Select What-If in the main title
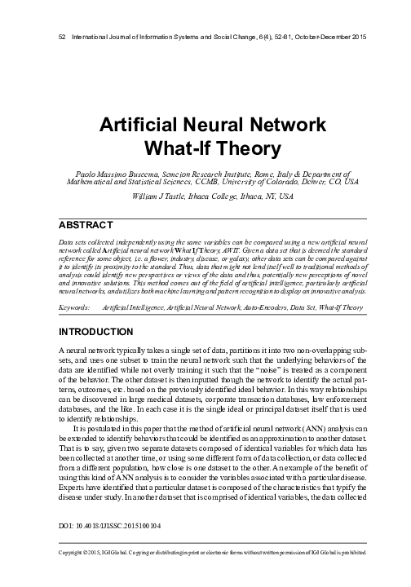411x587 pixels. (x=167, y=149)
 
